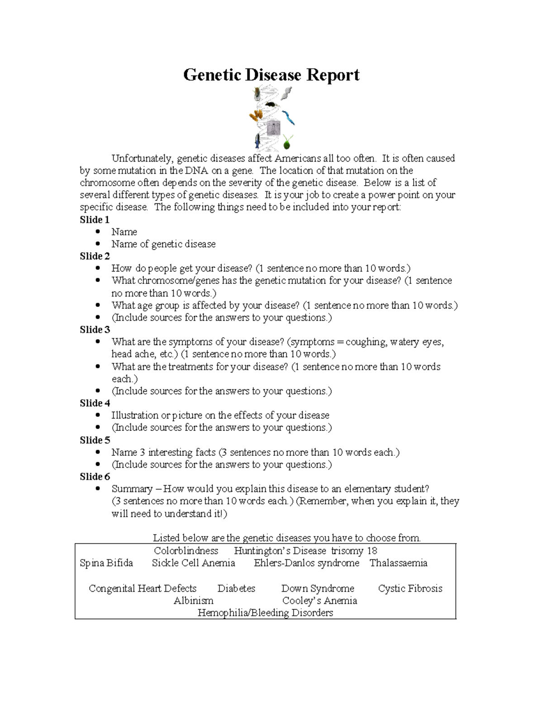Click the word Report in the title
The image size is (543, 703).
(x=333, y=75)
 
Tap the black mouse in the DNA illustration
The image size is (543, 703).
(x=270, y=105)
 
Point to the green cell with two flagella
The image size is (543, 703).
(x=287, y=143)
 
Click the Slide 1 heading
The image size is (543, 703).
(x=95, y=220)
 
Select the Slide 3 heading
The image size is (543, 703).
(x=95, y=330)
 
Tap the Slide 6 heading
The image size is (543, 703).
(x=95, y=477)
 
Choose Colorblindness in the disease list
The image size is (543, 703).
(x=186, y=551)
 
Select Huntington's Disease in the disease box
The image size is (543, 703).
(x=280, y=551)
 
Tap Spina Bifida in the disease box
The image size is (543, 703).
(x=106, y=563)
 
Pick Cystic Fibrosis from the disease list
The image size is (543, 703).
(x=410, y=588)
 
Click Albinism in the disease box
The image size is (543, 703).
(x=193, y=601)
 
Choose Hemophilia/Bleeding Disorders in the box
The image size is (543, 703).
(x=265, y=613)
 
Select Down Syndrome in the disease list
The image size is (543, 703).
(x=318, y=588)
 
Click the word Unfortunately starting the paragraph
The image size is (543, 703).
(x=142, y=158)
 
